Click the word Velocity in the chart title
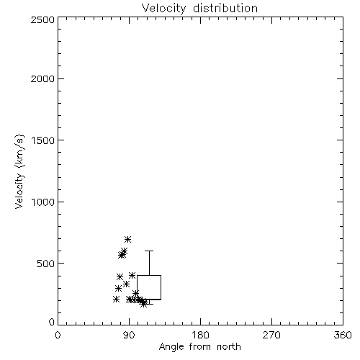[164, 9]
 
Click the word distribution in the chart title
[225, 8]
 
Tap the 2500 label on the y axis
[42, 19]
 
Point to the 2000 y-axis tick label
[42, 78]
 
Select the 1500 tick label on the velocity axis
[43, 140]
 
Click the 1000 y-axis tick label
[43, 202]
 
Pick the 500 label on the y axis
[46, 264]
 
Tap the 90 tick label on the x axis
[129, 335]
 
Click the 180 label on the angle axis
[200, 335]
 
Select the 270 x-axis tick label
[271, 335]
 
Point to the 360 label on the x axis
[343, 335]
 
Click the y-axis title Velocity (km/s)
[19, 171]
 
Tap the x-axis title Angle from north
[200, 347]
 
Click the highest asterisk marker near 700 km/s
[127, 239]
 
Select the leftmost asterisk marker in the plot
[116, 299]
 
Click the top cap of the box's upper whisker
[149, 251]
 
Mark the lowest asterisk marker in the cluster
[143, 304]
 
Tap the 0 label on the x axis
[58, 335]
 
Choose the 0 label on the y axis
[52, 322]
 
